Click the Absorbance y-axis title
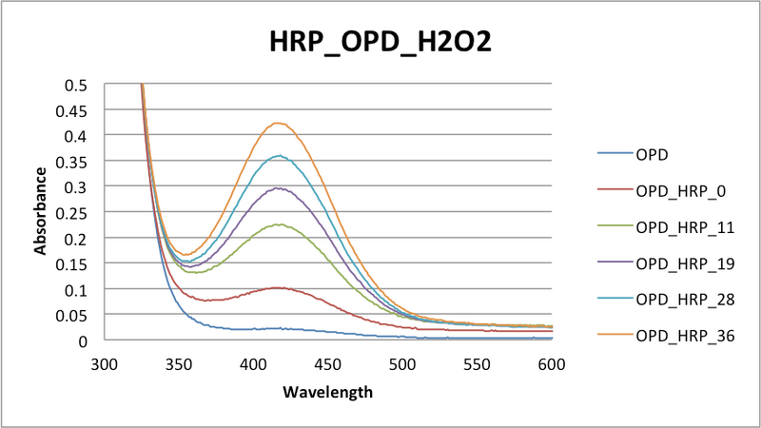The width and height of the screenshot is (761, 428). pos(41,211)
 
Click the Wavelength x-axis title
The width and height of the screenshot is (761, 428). pos(327,391)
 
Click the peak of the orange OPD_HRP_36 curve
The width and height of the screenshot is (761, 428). pos(278,123)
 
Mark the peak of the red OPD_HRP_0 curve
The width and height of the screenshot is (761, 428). pos(278,287)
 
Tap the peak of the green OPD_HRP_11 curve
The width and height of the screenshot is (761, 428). pos(278,224)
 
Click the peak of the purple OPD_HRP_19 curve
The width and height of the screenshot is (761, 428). pos(278,187)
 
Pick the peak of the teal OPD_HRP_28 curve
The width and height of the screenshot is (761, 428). pos(278,156)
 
